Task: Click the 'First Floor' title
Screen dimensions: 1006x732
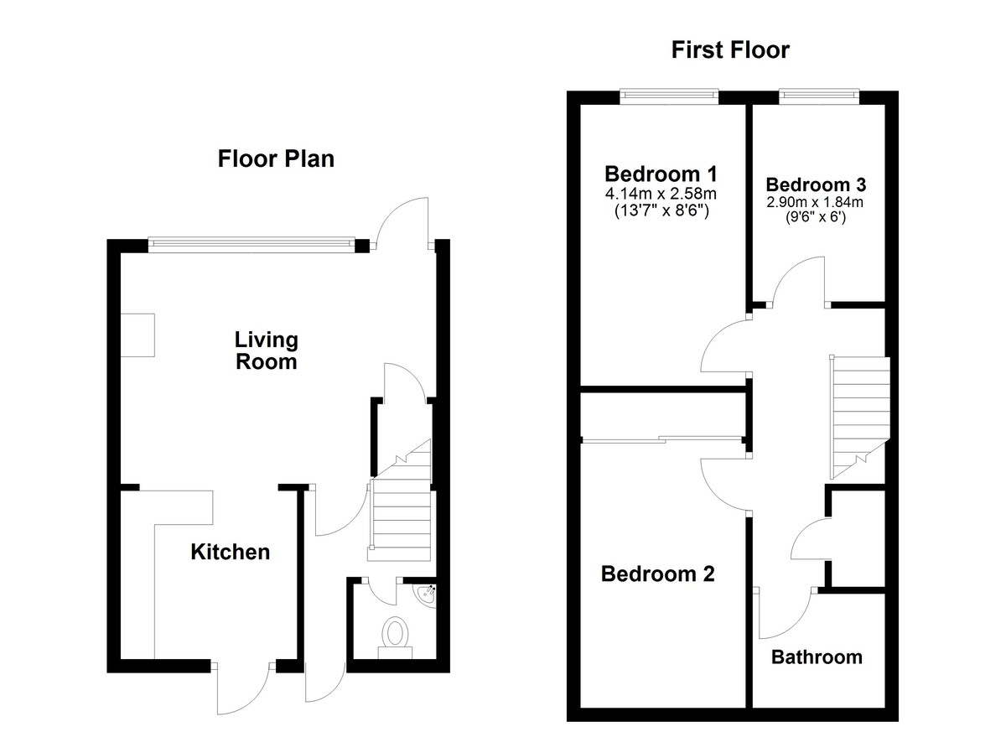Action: pos(730,49)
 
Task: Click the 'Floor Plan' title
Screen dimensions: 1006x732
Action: pos(276,159)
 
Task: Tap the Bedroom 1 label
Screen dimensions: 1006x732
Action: pos(661,174)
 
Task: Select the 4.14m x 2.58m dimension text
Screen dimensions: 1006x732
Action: pos(661,194)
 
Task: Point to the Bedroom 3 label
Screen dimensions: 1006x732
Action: pos(816,184)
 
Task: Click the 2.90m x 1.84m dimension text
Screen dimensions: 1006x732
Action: pos(815,202)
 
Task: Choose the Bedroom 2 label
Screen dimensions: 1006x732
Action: pos(657,574)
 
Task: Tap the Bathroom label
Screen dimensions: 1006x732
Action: pos(817,657)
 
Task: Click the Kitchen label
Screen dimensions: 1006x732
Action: pos(231,552)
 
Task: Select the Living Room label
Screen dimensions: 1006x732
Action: pos(267,350)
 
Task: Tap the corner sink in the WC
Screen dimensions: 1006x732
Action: pos(425,595)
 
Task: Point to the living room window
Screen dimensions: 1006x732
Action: pos(252,243)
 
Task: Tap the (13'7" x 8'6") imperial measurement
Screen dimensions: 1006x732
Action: pos(661,210)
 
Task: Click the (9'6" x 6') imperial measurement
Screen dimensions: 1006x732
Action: pos(816,217)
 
